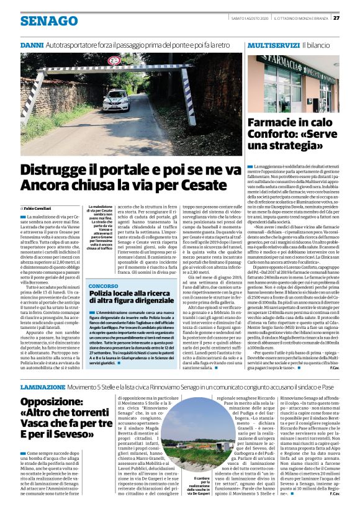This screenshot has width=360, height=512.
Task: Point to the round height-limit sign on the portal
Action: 114,61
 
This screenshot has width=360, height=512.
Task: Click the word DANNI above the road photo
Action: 31,46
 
